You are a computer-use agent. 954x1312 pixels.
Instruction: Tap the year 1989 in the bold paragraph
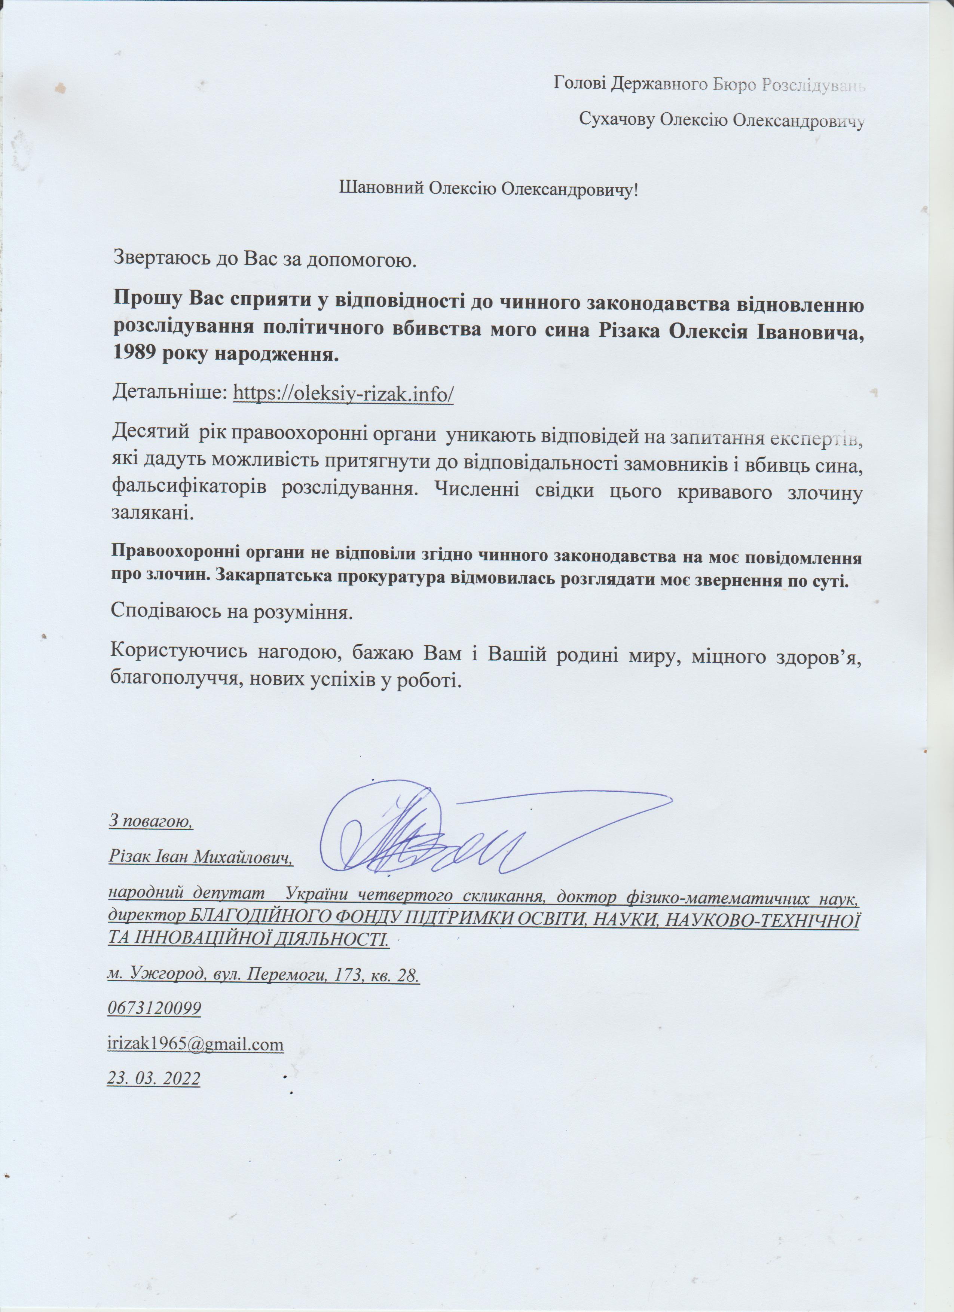click(x=134, y=354)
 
